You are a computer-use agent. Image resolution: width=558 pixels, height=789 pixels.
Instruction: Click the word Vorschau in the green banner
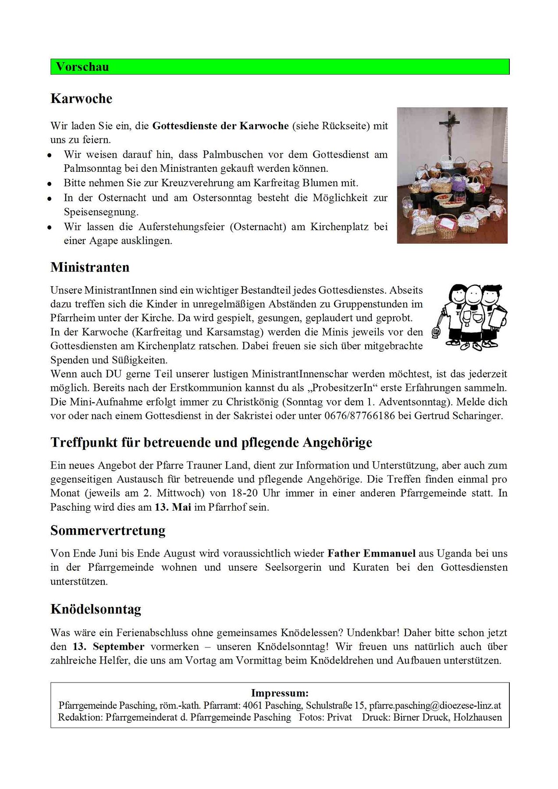pos(82,67)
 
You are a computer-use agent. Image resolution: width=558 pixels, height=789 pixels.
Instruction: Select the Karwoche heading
pos(82,99)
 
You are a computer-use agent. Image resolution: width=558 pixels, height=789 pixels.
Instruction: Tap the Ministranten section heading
pos(90,267)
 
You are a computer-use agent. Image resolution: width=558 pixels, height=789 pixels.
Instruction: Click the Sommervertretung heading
pos(108,530)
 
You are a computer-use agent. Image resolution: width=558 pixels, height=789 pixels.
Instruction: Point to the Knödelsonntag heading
pos(96,609)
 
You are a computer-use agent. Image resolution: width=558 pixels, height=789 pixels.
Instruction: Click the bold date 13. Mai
pos(173,507)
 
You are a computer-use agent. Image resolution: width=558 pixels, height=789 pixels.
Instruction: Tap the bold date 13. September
pos(108,647)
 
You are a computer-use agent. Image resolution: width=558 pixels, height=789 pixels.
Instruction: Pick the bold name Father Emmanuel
pos(371,553)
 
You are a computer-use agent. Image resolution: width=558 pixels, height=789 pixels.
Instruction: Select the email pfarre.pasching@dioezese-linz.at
pos(435,705)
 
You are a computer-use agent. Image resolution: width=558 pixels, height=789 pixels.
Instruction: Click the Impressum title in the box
pos(280,693)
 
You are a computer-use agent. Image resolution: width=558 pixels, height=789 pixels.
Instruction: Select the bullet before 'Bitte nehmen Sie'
pos(50,184)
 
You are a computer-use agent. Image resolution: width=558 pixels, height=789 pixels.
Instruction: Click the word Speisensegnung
pos(101,212)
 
